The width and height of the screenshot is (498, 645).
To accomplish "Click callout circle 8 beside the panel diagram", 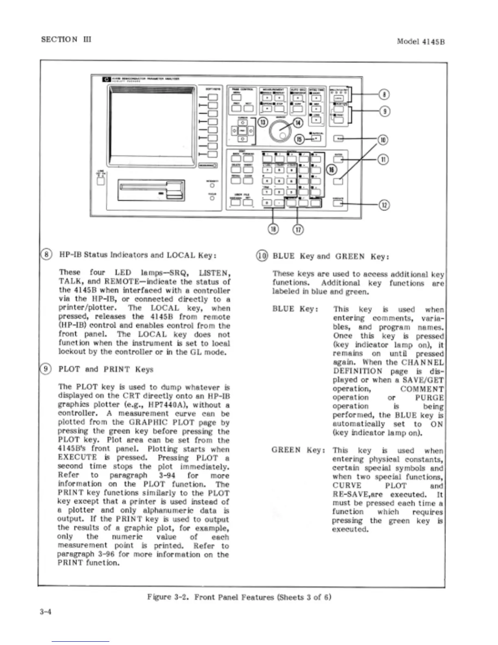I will pyautogui.click(x=384, y=95).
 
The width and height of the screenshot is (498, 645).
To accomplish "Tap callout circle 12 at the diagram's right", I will pyautogui.click(x=384, y=205).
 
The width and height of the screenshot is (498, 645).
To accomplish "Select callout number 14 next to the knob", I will pyautogui.click(x=298, y=122).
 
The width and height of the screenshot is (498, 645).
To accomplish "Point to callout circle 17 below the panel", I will pyautogui.click(x=298, y=230).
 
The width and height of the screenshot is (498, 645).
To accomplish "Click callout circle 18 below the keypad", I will pyautogui.click(x=273, y=230).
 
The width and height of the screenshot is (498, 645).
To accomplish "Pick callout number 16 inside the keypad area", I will pyautogui.click(x=332, y=169).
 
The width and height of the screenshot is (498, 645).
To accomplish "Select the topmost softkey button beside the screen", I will pyautogui.click(x=212, y=97).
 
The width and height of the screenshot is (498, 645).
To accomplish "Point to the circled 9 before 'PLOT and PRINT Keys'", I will pyautogui.click(x=46, y=369).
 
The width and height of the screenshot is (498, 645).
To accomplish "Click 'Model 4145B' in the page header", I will pyautogui.click(x=420, y=42).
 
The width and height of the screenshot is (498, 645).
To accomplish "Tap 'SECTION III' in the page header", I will pyautogui.click(x=66, y=39).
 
